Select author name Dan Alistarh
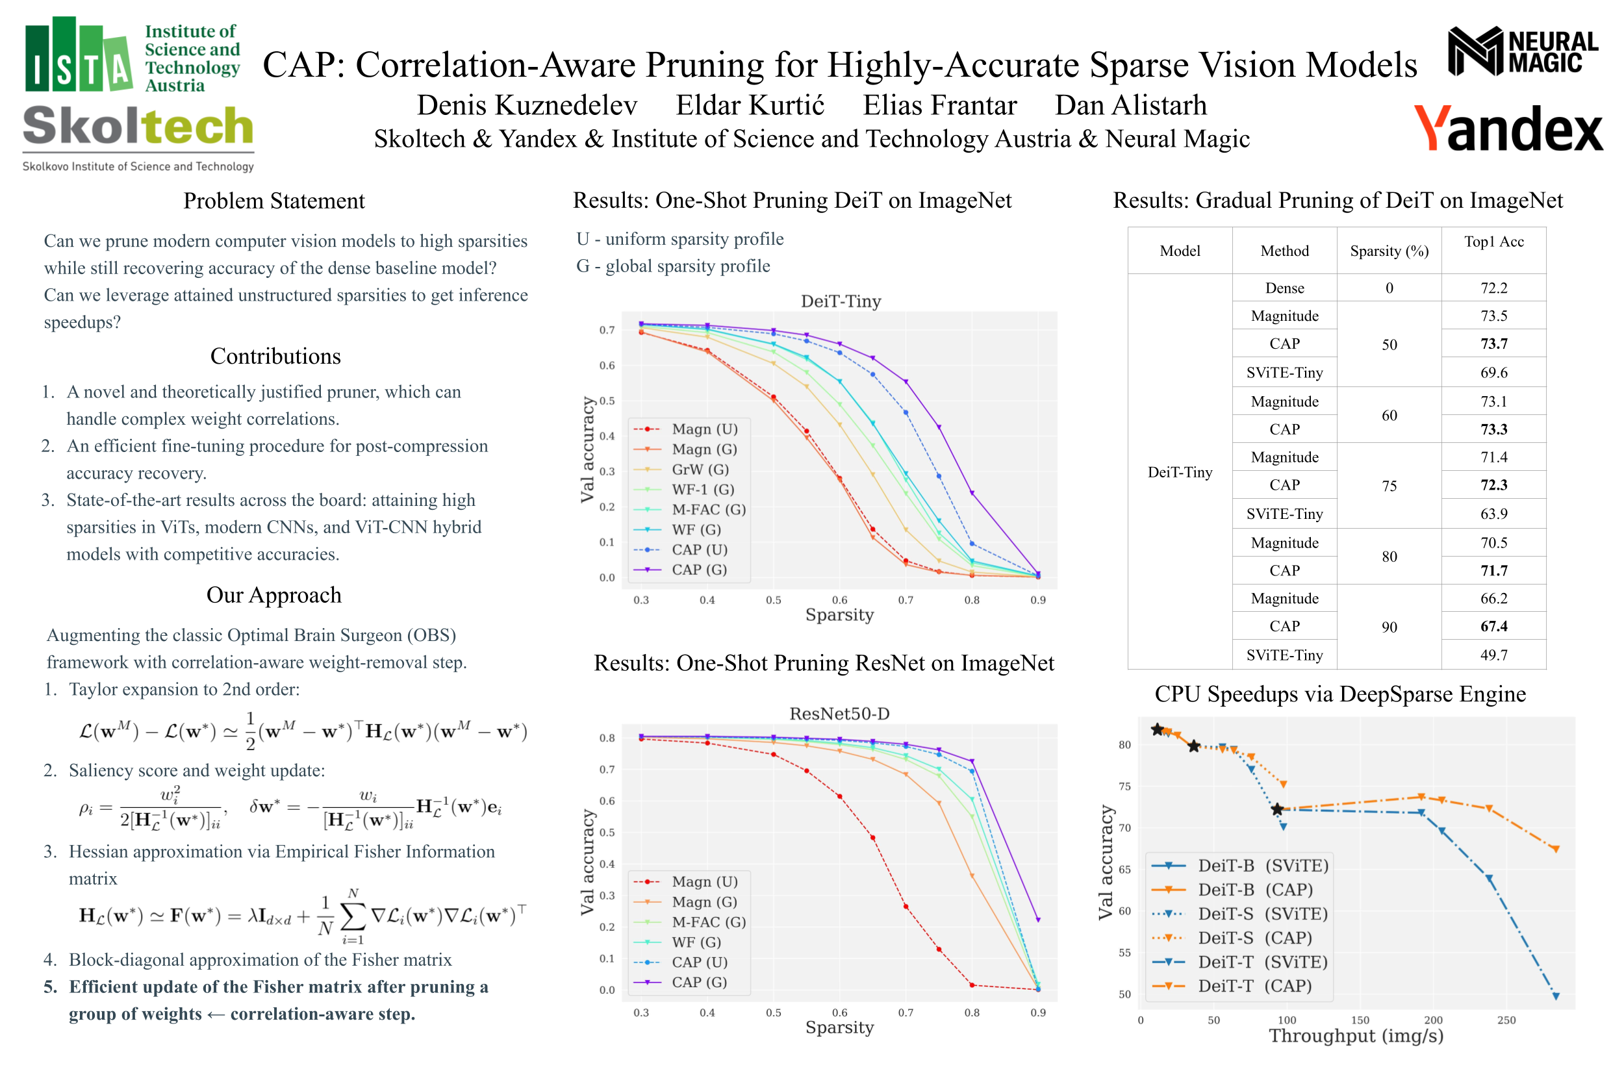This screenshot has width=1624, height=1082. [x=1130, y=106]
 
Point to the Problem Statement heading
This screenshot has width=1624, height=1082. [x=274, y=201]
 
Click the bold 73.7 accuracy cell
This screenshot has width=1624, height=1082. [x=1493, y=344]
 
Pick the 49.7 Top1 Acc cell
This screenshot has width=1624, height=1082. [x=1493, y=655]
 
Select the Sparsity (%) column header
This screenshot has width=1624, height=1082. [x=1389, y=251]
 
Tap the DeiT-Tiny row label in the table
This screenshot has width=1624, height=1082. [x=1180, y=472]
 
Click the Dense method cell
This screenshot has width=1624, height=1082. [x=1284, y=288]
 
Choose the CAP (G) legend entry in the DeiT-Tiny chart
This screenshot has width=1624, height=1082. [x=698, y=570]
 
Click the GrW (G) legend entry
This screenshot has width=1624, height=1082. [x=700, y=469]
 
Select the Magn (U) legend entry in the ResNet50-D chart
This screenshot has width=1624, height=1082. [x=704, y=882]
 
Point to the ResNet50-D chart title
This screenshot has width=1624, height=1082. [x=839, y=714]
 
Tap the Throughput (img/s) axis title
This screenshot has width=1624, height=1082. [x=1356, y=1036]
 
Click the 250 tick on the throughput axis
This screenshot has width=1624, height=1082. [x=1506, y=1020]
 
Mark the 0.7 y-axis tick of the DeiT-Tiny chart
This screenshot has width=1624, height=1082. [x=607, y=331]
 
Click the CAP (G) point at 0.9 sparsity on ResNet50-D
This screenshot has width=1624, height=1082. [x=1037, y=920]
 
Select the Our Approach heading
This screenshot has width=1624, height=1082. [x=274, y=595]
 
